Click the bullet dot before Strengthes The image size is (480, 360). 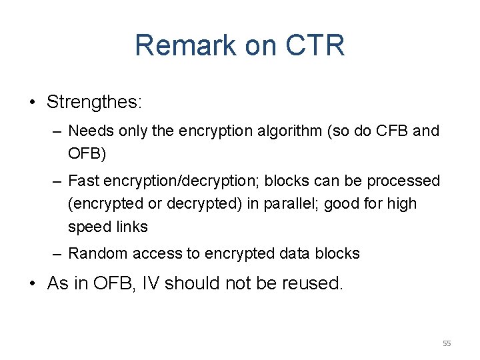(32, 103)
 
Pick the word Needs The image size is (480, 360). (89, 131)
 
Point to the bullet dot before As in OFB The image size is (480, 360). (32, 283)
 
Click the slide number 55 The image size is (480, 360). (447, 343)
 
